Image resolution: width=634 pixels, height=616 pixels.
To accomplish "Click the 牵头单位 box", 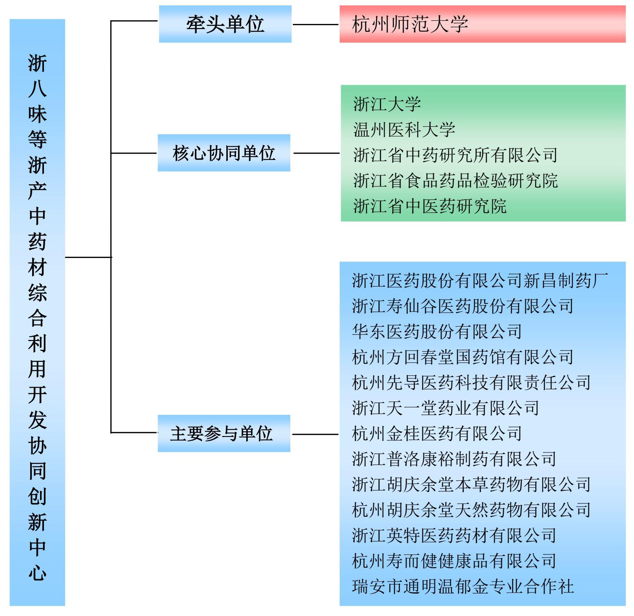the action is click(225, 24).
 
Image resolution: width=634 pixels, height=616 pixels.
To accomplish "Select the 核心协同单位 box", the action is click(224, 153).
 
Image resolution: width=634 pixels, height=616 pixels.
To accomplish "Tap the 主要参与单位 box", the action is click(224, 433).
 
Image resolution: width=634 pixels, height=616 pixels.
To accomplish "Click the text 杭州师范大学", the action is click(410, 24).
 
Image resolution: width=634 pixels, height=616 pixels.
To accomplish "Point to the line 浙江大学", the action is click(387, 104).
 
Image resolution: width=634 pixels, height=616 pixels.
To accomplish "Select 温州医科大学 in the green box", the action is click(404, 130).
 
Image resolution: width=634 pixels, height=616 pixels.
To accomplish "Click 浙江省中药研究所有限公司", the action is click(455, 155).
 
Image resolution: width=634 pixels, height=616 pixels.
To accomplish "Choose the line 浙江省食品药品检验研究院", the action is click(455, 181).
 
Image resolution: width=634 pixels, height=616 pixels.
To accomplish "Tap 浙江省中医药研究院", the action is click(430, 206).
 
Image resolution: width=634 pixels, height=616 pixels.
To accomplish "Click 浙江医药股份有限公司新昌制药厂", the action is click(480, 281).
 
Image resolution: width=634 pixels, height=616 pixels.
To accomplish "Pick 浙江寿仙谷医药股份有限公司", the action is click(463, 306).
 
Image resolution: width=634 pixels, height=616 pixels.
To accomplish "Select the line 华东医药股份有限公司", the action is click(437, 332).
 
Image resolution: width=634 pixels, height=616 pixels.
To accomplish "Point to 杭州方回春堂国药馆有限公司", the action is click(463, 357).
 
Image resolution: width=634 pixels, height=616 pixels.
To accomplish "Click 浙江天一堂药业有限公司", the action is click(445, 408).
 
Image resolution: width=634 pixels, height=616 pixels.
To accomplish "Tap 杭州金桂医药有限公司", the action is click(437, 434).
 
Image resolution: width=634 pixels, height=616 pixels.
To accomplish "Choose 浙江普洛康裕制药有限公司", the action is click(454, 459).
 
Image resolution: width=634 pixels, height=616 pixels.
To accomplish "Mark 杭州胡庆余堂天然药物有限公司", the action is click(471, 510).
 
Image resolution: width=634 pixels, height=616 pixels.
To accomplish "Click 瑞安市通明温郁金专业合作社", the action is click(463, 587).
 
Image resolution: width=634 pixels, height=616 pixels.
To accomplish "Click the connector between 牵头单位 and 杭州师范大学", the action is click(316, 25).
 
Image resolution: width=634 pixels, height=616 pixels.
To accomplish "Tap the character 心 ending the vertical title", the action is click(37, 573).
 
